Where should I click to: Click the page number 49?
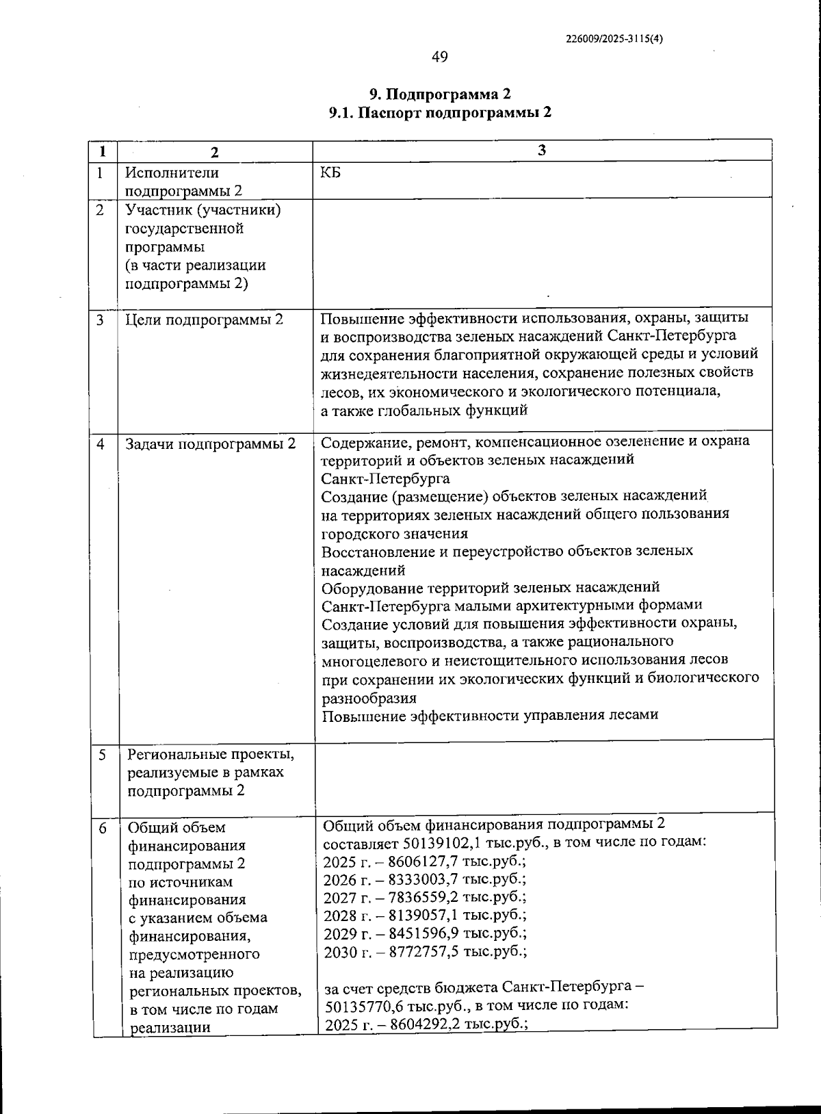tap(440, 57)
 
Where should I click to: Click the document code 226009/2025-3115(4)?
tap(614, 39)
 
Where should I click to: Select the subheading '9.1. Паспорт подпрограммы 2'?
tap(440, 113)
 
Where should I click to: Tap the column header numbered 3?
tap(542, 151)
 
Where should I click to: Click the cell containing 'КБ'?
tap(330, 172)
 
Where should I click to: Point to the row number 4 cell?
tap(101, 444)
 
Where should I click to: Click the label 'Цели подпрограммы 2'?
tap(204, 320)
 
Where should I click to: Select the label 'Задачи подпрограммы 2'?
tap(211, 444)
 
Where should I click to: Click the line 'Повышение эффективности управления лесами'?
tap(490, 716)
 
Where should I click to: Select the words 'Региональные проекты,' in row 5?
tap(211, 755)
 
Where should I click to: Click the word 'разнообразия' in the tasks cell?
tap(369, 698)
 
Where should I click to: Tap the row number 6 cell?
tap(103, 829)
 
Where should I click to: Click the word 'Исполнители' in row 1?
tap(172, 173)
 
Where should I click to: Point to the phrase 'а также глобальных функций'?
tap(424, 411)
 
